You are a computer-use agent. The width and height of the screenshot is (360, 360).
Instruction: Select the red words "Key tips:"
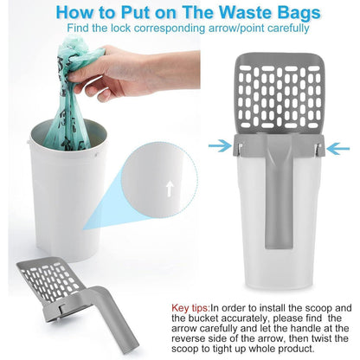[x=190, y=308]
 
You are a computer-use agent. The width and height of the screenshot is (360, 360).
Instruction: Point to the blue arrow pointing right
[x=220, y=146]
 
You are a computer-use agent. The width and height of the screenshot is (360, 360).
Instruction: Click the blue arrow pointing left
[x=338, y=149]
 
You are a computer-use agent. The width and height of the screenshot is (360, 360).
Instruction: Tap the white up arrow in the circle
[x=170, y=189]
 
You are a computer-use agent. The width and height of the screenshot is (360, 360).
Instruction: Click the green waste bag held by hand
[x=71, y=95]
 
